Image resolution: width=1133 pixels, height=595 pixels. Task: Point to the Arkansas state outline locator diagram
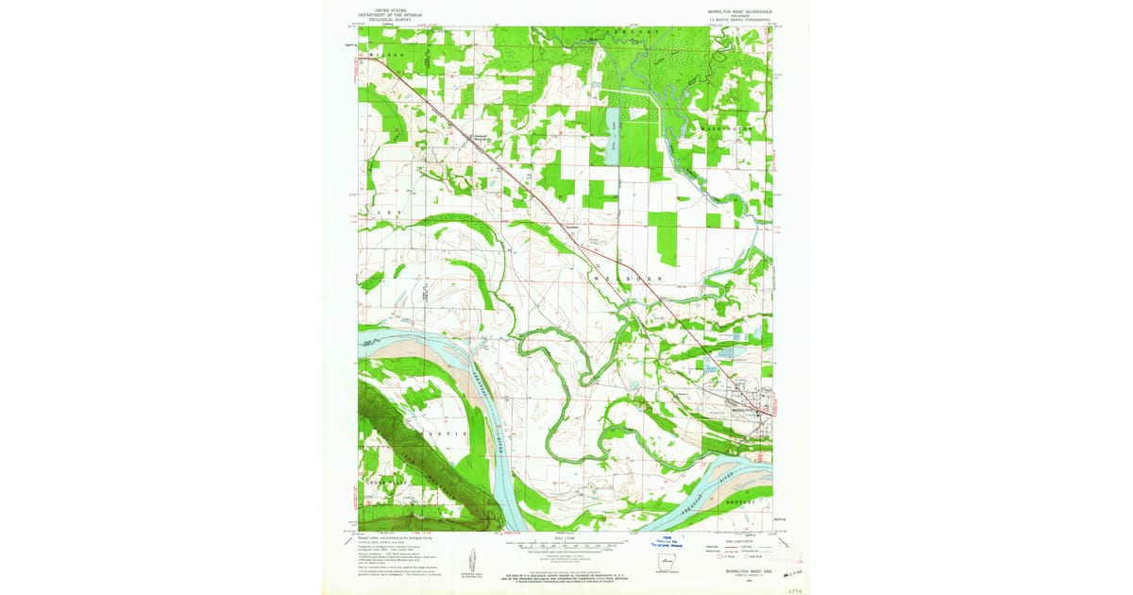671,567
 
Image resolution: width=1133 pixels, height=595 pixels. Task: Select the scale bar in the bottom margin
565,545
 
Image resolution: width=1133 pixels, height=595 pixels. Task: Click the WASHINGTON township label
728,128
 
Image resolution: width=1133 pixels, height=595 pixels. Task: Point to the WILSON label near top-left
385,56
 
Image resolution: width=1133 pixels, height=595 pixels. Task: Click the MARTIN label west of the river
436,432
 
